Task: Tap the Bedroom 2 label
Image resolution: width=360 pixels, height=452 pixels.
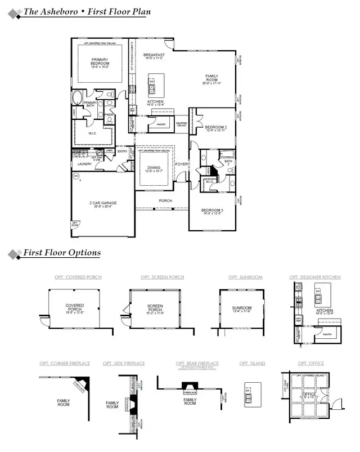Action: coord(216,129)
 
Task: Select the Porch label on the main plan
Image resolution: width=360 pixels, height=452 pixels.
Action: coord(165,200)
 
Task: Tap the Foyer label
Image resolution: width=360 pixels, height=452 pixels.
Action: coord(181,164)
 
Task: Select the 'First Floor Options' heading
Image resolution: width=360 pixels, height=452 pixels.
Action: coord(62,253)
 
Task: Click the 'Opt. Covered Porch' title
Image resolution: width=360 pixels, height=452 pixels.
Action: coord(74,278)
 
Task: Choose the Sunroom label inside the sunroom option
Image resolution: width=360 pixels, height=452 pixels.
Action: coord(242,308)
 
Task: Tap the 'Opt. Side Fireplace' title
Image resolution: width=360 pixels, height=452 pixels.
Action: coord(124,364)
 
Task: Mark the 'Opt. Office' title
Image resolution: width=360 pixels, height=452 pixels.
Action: coord(311,364)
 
